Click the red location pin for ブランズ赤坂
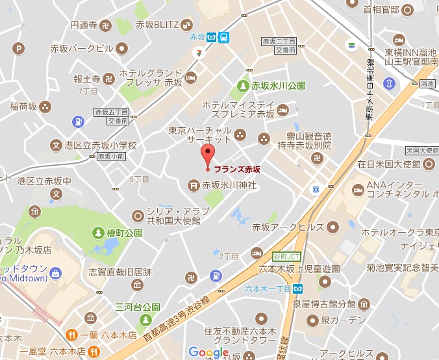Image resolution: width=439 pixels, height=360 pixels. point(208,157)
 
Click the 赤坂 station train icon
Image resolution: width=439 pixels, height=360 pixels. point(223,37)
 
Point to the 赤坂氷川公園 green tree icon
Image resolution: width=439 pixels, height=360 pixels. point(242,85)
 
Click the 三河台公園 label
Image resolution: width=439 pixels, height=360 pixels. point(138,306)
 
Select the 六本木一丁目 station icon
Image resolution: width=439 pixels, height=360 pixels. point(297,289)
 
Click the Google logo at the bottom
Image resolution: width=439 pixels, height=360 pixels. point(208,352)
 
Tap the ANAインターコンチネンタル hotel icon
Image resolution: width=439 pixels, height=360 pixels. point(357,190)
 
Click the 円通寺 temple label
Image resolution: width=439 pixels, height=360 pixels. point(84,25)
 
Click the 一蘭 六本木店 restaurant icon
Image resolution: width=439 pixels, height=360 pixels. point(72,334)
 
